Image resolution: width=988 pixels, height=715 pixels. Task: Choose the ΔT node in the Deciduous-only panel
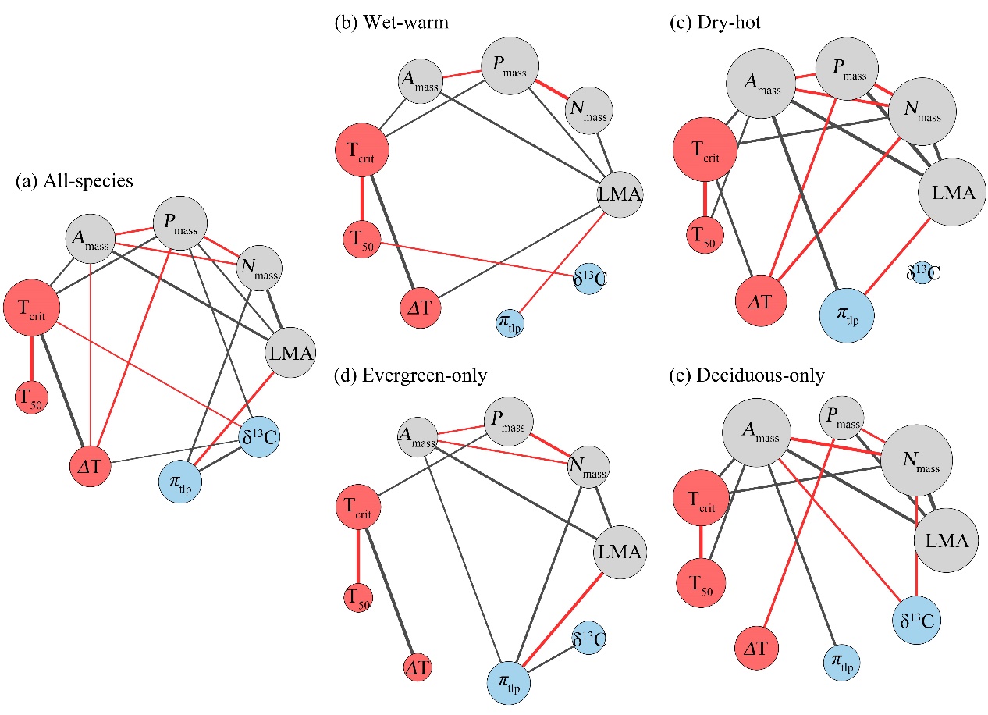(x=757, y=649)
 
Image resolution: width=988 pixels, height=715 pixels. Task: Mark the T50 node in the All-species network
(x=33, y=397)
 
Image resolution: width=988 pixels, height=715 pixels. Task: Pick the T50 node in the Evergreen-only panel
(x=358, y=597)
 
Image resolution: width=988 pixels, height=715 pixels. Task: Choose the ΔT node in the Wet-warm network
(x=421, y=307)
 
